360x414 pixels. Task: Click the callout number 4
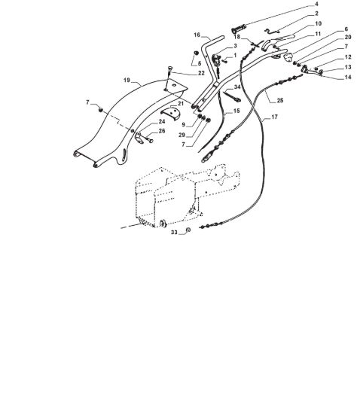(316, 5)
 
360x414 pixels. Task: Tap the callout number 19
(127, 80)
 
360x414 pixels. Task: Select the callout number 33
(174, 233)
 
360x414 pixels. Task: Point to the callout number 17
(275, 117)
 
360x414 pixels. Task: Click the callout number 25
(280, 100)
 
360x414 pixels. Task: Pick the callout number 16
(197, 35)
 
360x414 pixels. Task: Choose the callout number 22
(201, 73)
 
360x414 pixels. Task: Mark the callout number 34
(237, 87)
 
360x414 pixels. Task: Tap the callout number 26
(162, 131)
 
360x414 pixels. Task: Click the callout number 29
(182, 135)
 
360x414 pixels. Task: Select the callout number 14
(348, 77)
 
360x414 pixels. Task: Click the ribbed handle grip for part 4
(239, 29)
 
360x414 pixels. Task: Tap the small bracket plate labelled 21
(171, 113)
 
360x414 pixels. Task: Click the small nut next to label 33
(188, 230)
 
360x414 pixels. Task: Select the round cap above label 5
(197, 53)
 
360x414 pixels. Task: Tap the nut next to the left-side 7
(101, 110)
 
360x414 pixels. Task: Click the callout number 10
(319, 24)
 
